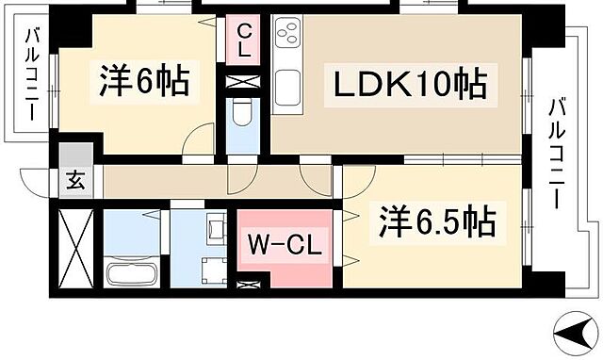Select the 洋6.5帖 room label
[437, 224]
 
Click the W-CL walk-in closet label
[285, 248]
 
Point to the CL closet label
[244, 41]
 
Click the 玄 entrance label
[74, 182]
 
